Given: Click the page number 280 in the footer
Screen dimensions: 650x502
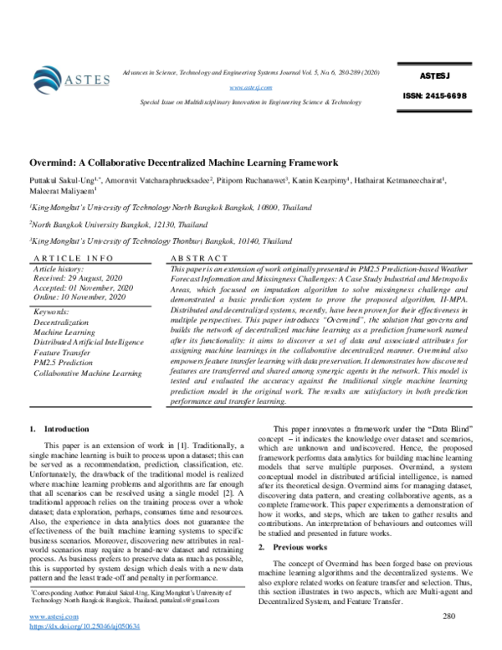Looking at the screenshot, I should point(448,617).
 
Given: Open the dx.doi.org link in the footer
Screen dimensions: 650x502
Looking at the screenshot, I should point(85,626).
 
